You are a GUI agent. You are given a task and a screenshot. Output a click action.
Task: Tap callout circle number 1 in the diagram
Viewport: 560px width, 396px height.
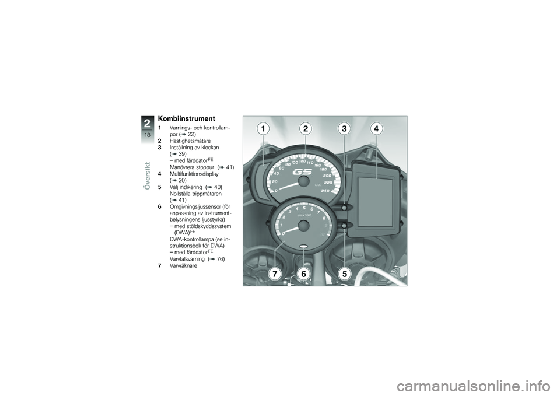pyautogui.click(x=263, y=129)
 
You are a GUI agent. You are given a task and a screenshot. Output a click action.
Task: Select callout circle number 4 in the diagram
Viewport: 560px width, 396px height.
pyautogui.click(x=376, y=129)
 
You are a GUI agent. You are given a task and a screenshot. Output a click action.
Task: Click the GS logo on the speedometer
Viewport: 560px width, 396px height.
pyautogui.click(x=303, y=173)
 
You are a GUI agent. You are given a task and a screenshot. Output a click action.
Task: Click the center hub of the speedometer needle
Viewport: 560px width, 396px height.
pyautogui.click(x=303, y=183)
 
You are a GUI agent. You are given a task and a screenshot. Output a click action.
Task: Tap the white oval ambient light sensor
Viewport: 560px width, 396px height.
pyautogui.click(x=304, y=247)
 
